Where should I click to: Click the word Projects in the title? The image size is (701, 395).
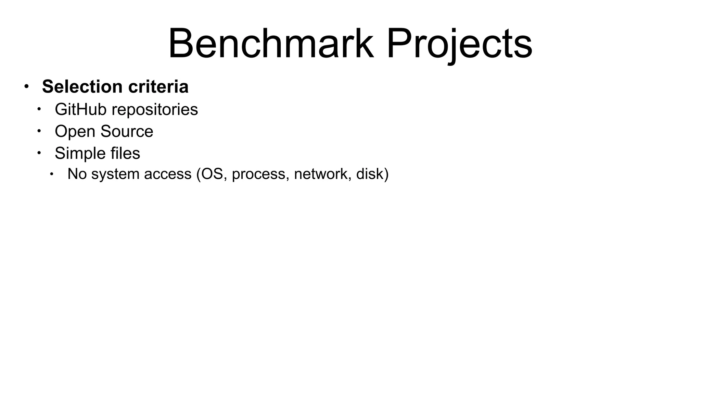(459, 44)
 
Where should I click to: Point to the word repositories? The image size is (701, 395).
(155, 110)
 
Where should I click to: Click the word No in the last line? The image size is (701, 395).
(77, 174)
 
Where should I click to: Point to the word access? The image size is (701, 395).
(167, 174)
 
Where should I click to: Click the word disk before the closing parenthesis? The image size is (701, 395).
(370, 174)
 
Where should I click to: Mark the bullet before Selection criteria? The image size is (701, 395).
(27, 86)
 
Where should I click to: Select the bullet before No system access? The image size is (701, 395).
(52, 174)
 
